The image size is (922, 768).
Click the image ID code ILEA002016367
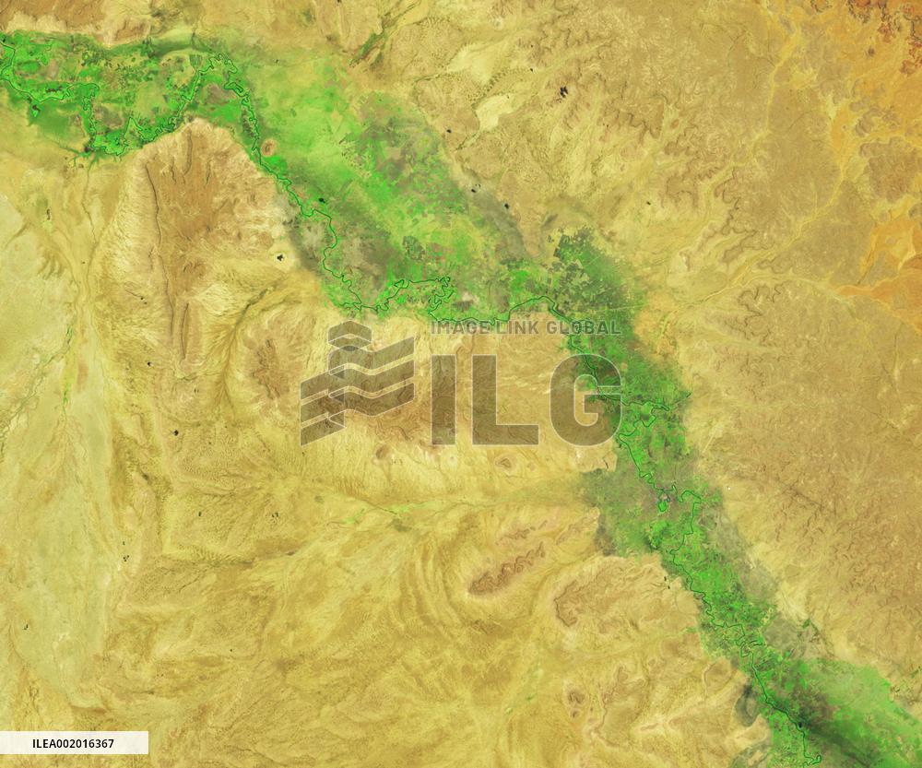pyautogui.click(x=73, y=743)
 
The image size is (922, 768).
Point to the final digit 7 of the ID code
pyautogui.click(x=111, y=743)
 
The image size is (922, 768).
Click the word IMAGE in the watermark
pyautogui.click(x=457, y=327)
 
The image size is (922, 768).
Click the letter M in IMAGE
pyautogui.click(x=445, y=327)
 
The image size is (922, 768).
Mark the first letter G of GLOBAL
pyautogui.click(x=553, y=327)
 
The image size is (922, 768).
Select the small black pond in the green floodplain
pyautogui.click(x=322, y=198)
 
